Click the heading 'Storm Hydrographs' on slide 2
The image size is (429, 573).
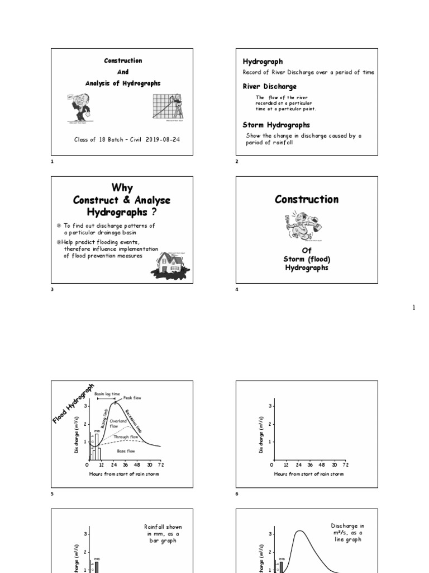276,125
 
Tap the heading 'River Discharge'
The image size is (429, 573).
269,87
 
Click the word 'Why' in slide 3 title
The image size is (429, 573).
122,188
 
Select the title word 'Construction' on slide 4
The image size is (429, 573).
307,199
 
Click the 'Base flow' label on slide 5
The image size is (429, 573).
126,450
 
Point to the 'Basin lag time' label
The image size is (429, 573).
107,394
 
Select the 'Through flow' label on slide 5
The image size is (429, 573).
126,436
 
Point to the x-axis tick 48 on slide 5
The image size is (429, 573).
137,465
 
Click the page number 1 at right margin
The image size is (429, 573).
414,307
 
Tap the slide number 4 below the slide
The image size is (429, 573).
237,289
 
